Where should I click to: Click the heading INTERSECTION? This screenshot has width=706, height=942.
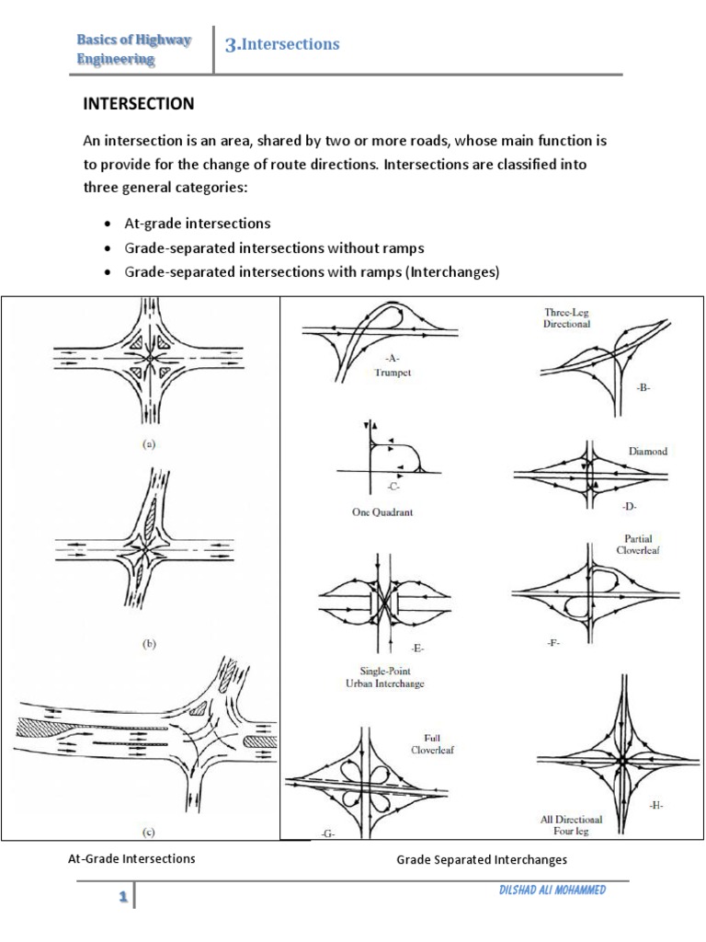139,104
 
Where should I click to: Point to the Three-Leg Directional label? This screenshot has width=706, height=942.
567,318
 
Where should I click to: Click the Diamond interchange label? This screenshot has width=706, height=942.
648,452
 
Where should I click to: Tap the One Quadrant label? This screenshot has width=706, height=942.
382,512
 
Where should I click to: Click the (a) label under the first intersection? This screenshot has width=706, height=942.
149,442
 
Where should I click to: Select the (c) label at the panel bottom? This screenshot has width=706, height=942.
149,833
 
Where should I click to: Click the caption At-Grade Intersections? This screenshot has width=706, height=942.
132,859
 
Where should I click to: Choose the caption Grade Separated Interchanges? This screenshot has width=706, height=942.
482,860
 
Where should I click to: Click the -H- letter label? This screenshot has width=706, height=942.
655,805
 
